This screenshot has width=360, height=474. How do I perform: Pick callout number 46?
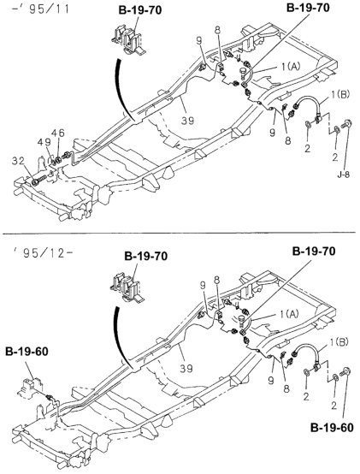coord(60,134)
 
